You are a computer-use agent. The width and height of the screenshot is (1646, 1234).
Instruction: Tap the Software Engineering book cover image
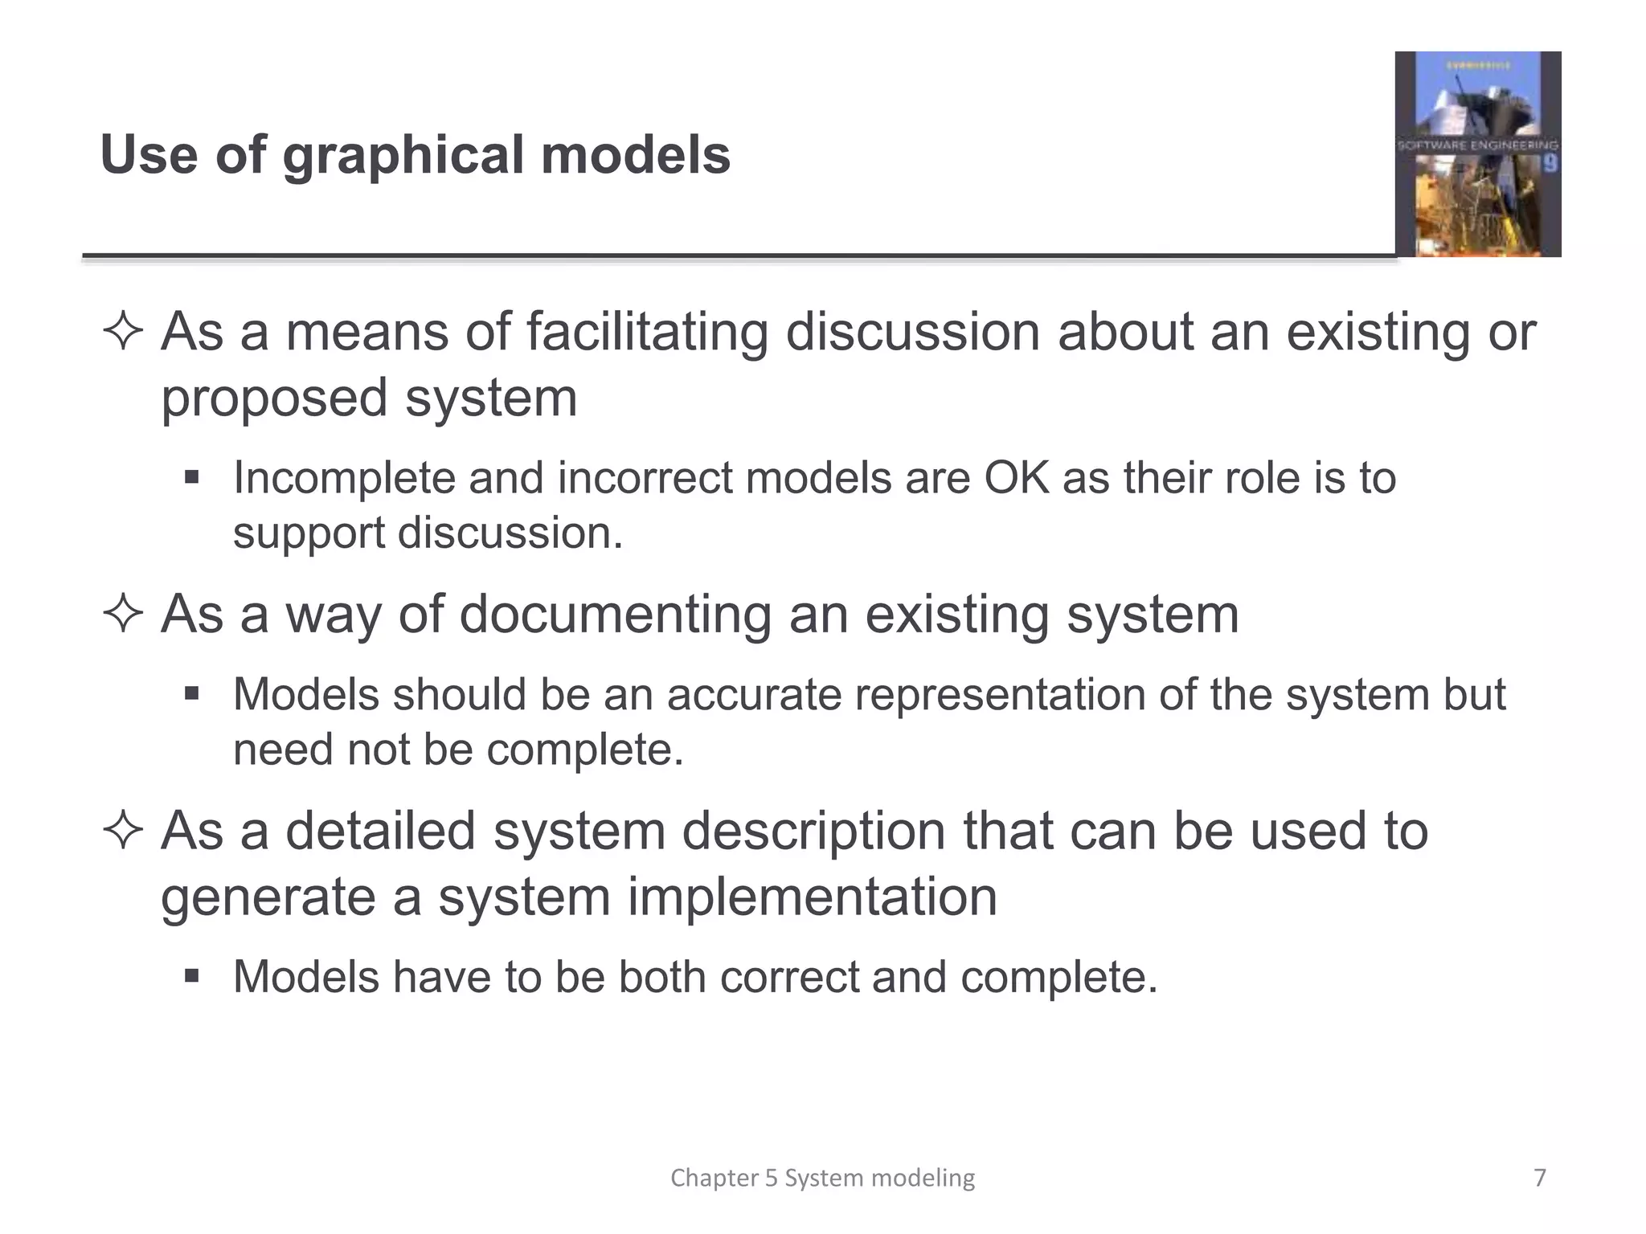(1477, 153)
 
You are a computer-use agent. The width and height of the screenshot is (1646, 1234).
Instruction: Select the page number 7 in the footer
(1540, 1178)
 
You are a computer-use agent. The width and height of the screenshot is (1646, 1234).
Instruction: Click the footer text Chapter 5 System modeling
(822, 1178)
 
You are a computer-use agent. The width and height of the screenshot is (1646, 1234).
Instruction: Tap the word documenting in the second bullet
(615, 615)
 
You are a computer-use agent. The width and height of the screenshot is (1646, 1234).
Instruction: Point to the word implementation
(812, 897)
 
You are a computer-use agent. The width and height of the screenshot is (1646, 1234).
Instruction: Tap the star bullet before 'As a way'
(123, 615)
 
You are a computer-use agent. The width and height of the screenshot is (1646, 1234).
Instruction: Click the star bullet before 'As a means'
(123, 332)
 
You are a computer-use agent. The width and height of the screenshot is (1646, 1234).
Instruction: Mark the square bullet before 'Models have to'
(191, 976)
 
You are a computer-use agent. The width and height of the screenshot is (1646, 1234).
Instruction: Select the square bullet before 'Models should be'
(191, 693)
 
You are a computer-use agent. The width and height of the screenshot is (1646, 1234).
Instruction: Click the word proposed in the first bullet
(274, 399)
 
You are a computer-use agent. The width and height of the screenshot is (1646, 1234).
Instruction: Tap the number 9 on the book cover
(1550, 163)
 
